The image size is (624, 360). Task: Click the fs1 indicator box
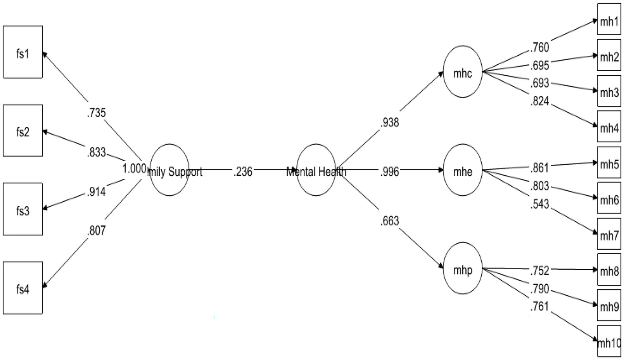point(23,52)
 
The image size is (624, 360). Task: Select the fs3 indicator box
point(23,209)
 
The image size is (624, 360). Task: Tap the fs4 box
point(23,288)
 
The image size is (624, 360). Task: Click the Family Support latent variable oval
point(170,170)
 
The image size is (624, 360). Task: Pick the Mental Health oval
point(316,170)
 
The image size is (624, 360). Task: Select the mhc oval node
point(463,72)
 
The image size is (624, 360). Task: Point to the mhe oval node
point(463,170)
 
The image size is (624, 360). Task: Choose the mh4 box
point(609,127)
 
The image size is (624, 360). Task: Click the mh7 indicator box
point(609,234)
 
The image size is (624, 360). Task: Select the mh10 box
point(609,342)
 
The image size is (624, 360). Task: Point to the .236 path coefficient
point(243,171)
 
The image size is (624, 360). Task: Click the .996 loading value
point(390,171)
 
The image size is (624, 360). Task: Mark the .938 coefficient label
point(390,122)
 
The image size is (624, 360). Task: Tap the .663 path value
point(390,220)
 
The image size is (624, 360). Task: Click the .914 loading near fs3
point(96,191)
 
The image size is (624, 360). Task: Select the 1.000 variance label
point(134,168)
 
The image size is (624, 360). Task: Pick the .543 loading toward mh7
point(540,204)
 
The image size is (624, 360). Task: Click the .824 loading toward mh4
point(540,100)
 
